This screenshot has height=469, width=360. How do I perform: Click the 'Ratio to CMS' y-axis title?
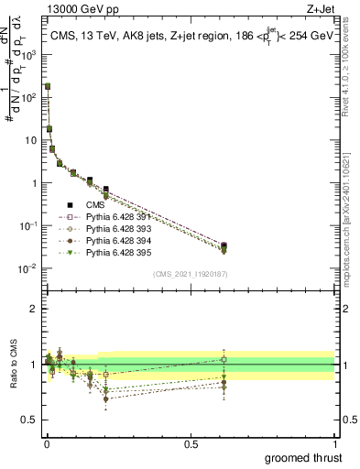tap(11, 365)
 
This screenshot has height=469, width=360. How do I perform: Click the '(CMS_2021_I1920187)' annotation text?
tap(190, 274)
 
